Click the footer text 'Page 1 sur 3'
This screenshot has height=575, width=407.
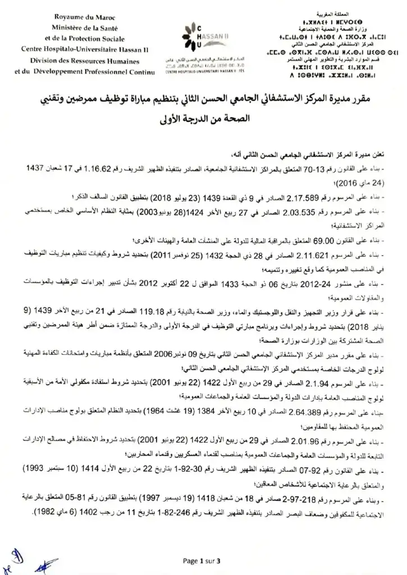tap(203, 560)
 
